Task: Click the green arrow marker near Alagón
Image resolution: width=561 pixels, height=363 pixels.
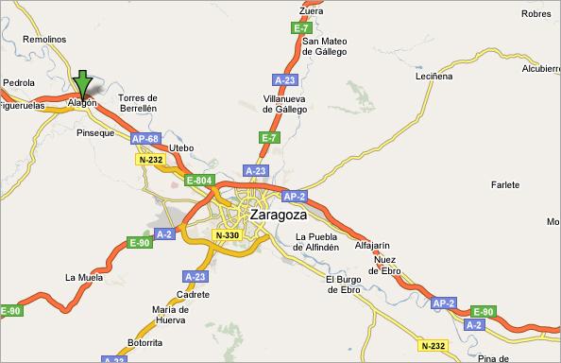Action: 83,83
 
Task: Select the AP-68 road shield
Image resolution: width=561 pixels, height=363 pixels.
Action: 145,139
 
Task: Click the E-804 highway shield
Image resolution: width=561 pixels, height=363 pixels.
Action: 198,180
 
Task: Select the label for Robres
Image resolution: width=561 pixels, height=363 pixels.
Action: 535,13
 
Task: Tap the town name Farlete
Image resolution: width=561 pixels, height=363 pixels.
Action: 505,184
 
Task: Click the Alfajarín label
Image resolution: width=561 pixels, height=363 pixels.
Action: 371,245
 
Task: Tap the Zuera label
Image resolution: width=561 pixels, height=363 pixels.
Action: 310,11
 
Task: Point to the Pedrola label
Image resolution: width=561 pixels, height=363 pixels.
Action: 19,82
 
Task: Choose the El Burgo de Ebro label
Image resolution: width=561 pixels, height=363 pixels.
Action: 344,285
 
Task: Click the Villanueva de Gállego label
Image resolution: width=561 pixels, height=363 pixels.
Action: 285,104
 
